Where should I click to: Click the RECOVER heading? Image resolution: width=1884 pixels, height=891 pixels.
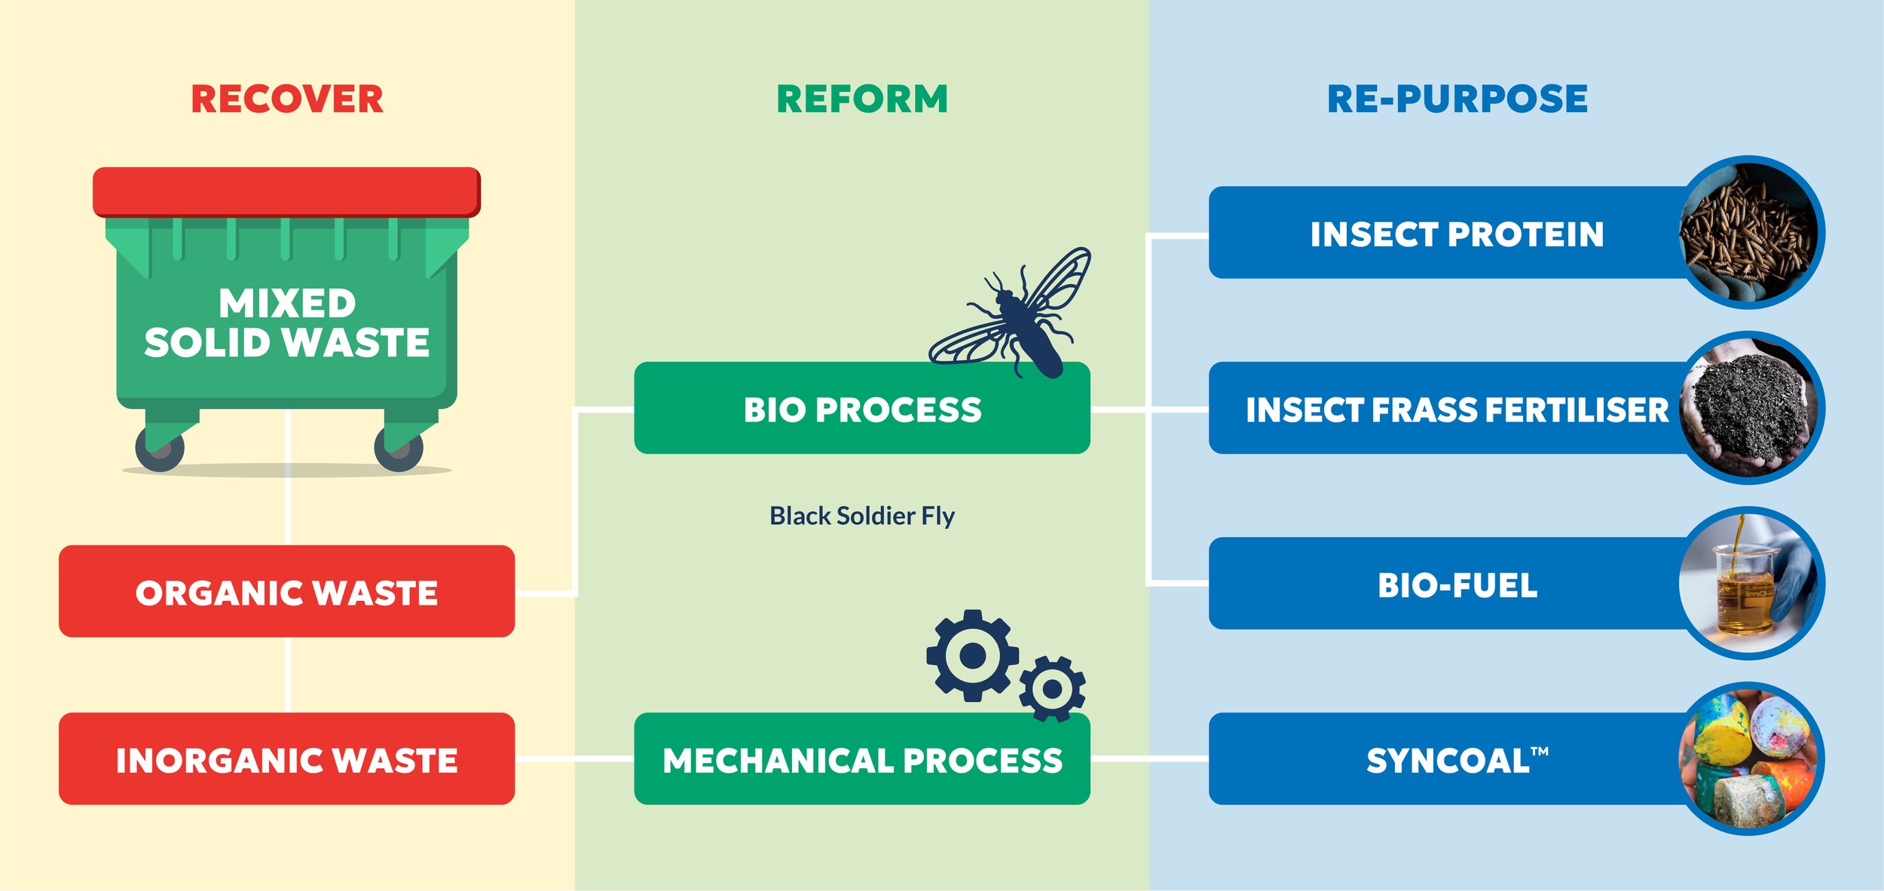coord(287,99)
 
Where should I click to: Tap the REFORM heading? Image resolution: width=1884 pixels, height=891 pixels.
coord(862,99)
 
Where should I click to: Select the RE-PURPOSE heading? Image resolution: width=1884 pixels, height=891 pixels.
coord(1457,99)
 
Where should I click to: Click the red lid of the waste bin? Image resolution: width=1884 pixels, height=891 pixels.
coord(286,192)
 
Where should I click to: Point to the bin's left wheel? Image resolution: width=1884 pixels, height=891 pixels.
coord(159,449)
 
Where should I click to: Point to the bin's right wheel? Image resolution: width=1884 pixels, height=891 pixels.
coord(399,449)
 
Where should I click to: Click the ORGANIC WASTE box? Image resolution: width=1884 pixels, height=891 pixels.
coord(286,592)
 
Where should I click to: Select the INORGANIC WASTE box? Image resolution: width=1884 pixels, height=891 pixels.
coord(286,759)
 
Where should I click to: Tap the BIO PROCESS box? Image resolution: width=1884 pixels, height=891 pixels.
coord(861,409)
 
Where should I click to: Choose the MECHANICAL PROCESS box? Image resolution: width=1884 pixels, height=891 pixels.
coord(861,759)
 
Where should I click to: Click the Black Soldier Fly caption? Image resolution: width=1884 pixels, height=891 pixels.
coord(861,516)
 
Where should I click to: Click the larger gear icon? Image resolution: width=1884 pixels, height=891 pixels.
coord(972,655)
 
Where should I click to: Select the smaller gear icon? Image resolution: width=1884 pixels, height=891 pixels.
coord(1052,688)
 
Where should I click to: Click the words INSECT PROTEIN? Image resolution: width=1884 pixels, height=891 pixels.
coord(1456,234)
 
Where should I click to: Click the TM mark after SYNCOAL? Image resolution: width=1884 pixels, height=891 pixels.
coord(1540,751)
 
